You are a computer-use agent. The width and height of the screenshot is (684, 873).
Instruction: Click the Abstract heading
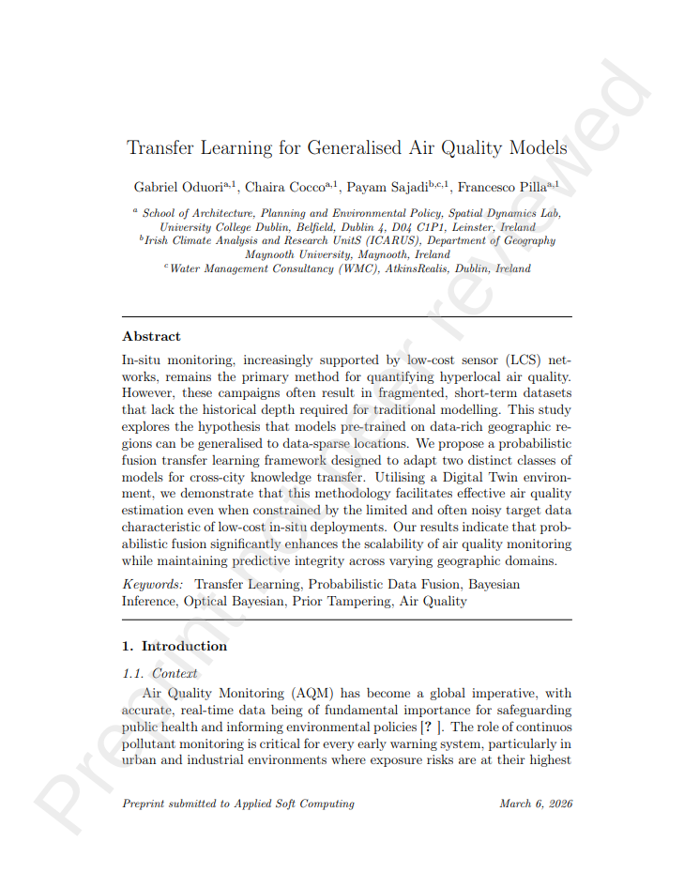151,336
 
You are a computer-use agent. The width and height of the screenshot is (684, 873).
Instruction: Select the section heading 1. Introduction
175,646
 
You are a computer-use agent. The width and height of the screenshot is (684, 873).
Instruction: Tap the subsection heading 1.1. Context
160,673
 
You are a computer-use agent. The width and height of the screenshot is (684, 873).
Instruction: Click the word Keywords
153,584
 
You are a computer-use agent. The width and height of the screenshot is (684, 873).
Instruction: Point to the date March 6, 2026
536,804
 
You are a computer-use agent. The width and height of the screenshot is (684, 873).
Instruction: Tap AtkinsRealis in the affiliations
406,268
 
